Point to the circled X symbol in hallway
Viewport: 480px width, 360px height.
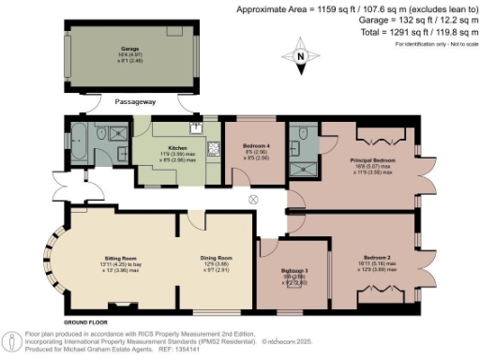tap(252, 200)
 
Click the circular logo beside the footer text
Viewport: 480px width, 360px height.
tap(10, 340)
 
